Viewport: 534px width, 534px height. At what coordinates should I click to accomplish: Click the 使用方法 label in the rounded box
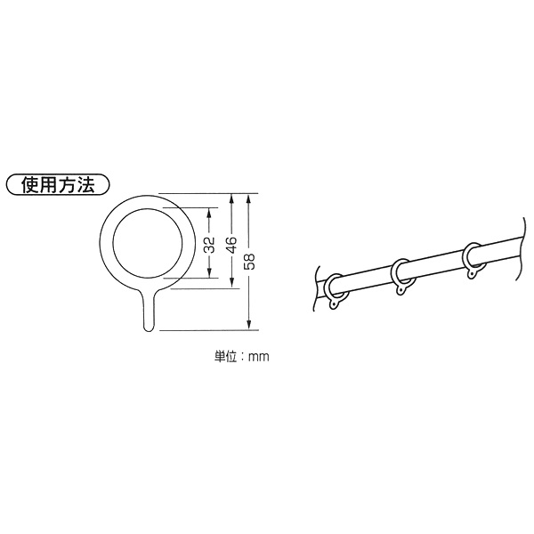point(58,185)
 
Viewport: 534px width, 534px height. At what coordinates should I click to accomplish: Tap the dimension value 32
point(210,245)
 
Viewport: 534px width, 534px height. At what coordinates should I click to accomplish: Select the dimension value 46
point(231,245)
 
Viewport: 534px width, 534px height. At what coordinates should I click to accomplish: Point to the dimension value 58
point(249,261)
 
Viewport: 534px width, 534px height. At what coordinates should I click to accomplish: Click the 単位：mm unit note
point(241,356)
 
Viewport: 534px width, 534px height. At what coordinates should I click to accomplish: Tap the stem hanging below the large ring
point(149,311)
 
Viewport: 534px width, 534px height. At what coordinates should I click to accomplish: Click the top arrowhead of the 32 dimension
point(209,212)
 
